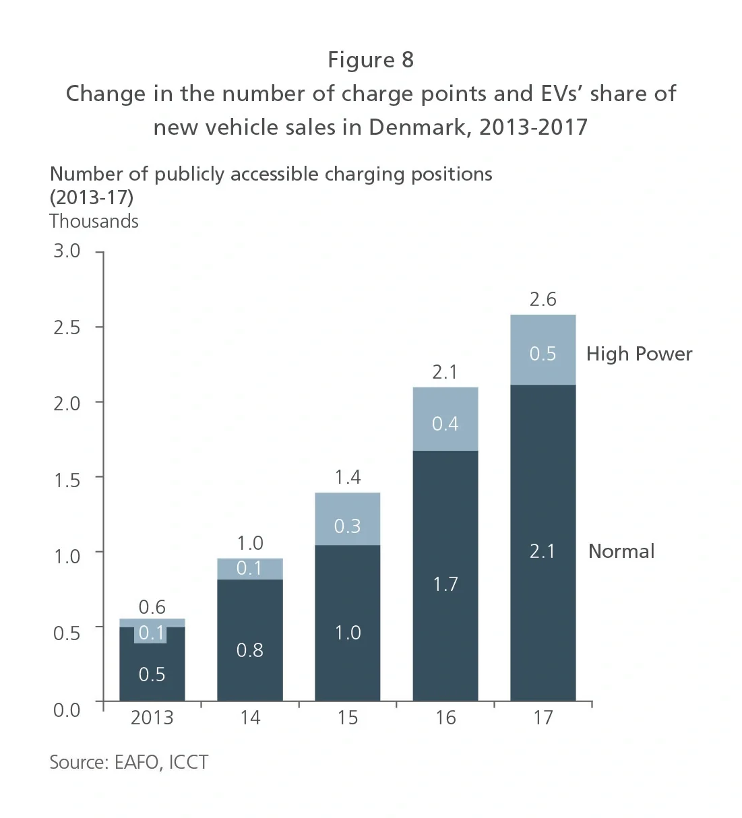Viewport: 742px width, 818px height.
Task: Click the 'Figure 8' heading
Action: [371, 60]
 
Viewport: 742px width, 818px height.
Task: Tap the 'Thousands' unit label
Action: [94, 221]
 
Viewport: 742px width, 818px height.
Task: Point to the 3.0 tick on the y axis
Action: [67, 251]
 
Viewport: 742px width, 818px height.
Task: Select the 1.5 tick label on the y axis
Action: [67, 480]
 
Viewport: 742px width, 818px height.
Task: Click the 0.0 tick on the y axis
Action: [67, 710]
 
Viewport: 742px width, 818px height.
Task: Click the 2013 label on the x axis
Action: [152, 718]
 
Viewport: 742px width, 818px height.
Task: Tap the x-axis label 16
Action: [445, 718]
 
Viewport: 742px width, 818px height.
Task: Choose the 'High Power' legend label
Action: [639, 354]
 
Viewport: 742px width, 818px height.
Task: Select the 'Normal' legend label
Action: [621, 551]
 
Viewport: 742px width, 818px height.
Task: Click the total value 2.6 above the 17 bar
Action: [543, 299]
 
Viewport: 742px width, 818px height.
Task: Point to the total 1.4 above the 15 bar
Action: [348, 477]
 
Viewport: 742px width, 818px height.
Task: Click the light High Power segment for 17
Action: [543, 350]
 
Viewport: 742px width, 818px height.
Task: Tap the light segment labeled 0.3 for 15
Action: [348, 520]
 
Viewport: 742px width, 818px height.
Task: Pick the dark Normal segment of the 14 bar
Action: [250, 640]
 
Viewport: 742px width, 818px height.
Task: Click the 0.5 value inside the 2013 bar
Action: [152, 674]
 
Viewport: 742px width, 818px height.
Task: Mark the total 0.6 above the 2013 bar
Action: [152, 607]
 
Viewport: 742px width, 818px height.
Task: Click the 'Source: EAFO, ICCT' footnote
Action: [129, 762]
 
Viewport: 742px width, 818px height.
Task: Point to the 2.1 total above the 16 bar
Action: [445, 372]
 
